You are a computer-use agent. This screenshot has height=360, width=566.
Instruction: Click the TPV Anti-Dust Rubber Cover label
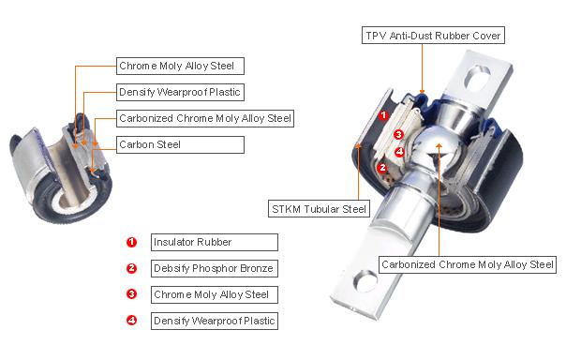[433, 36]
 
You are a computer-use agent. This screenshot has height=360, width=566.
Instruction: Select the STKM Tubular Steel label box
[319, 209]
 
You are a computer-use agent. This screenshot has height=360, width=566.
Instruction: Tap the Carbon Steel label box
[180, 144]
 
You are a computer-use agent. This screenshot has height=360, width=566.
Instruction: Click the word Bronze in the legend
[257, 268]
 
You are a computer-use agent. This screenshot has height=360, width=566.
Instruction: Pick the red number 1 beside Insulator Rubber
[132, 242]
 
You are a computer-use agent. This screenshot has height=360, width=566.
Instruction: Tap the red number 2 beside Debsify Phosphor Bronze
[132, 268]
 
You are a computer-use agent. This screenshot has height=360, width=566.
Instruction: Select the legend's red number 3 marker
[132, 294]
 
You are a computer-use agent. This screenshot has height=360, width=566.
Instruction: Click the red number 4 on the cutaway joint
[399, 152]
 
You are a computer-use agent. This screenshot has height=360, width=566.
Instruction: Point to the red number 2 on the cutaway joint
[382, 168]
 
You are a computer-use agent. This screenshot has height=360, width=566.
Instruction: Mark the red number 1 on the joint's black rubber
[383, 115]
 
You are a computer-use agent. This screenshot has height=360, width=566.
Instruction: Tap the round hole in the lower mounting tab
[365, 281]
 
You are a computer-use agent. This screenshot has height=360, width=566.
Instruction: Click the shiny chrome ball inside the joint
[435, 146]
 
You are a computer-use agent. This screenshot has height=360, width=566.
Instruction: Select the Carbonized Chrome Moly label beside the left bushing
[205, 118]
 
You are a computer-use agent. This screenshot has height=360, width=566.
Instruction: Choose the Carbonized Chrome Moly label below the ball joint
[468, 264]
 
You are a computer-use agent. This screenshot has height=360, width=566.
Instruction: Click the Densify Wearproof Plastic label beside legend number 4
[215, 321]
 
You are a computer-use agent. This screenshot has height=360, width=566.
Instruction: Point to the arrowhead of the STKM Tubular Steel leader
[358, 146]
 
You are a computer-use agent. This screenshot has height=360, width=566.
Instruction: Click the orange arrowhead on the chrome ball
[439, 145]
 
